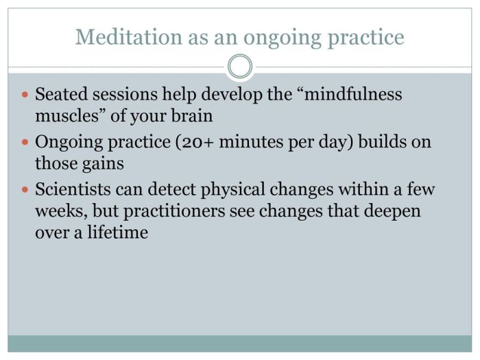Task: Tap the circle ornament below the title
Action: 239,67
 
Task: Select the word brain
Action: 190,116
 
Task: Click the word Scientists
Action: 73,189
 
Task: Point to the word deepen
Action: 392,211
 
